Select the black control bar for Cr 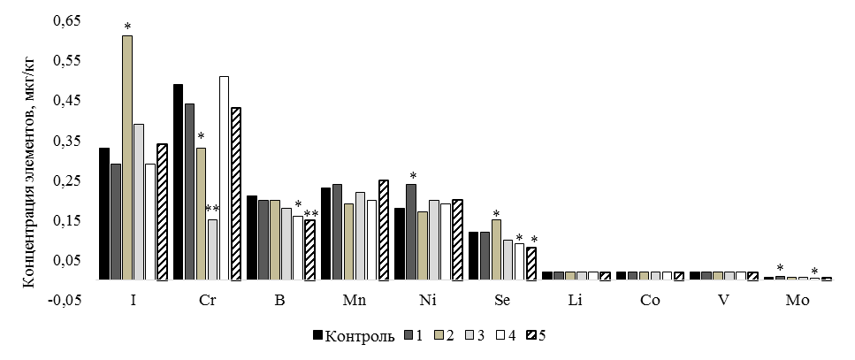[178, 182]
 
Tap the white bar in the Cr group [224, 178]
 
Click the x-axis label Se [500, 301]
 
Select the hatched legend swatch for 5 [531, 335]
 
